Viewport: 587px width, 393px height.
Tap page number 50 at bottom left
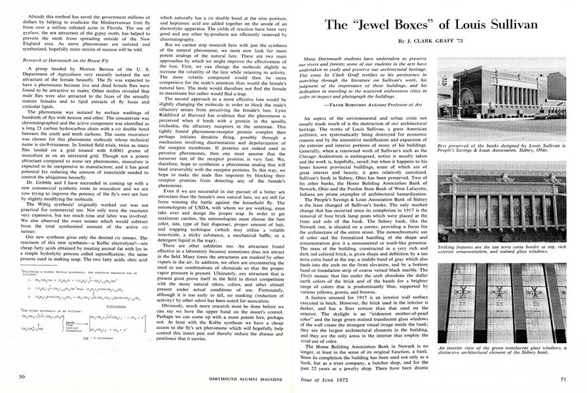(x=22, y=377)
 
